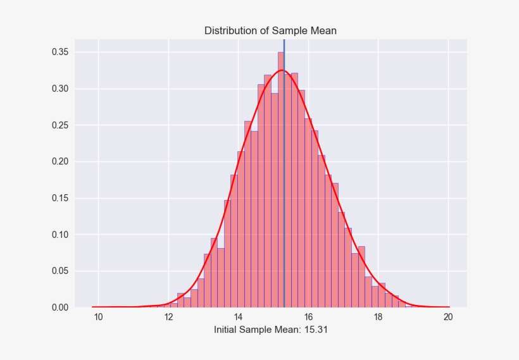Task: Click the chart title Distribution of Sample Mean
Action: [x=270, y=31]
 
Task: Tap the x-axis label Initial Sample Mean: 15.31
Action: [x=271, y=330]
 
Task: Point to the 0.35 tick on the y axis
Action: [x=60, y=53]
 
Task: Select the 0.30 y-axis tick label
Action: [x=60, y=89]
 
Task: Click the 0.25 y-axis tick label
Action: [x=60, y=125]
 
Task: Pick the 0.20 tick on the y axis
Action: [x=60, y=162]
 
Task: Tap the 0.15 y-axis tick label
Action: [x=60, y=198]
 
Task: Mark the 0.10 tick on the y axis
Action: [x=60, y=235]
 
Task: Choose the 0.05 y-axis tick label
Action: [x=60, y=271]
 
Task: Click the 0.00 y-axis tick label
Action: [x=60, y=307]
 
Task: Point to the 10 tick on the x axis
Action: [x=98, y=317]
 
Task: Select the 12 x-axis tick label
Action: [x=168, y=317]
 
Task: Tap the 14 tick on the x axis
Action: [x=239, y=317]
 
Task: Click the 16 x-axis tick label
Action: [x=308, y=317]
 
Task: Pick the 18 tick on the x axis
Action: [x=378, y=317]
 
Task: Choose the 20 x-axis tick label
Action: [x=448, y=317]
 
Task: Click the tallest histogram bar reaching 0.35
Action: [x=281, y=180]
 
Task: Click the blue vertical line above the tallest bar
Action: [x=284, y=46]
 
